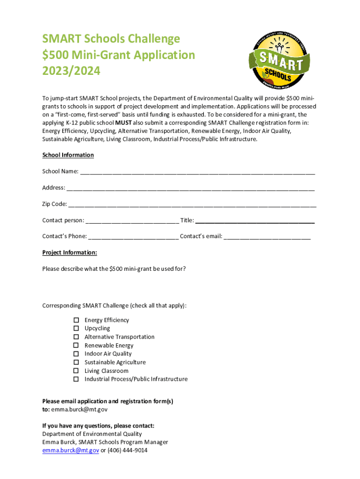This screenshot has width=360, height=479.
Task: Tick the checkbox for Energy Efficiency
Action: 76,320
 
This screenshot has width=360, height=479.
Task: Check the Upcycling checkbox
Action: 76,328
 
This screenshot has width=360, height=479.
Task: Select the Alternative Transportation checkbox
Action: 76,337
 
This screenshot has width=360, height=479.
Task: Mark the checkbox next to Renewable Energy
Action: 76,346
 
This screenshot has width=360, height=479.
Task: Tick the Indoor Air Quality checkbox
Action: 76,354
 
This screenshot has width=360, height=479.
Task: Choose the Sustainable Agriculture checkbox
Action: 76,362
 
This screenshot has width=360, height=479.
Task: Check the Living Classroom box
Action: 76,371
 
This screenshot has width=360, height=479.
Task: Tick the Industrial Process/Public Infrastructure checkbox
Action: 76,379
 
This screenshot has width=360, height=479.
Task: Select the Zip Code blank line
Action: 192,205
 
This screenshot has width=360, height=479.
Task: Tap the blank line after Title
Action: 255,221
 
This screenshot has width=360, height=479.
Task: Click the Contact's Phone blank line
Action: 133,237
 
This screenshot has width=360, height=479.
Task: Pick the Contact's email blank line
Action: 267,237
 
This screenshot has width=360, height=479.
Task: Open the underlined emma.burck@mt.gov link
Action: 71,450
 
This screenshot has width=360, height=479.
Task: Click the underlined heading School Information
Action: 68,155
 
